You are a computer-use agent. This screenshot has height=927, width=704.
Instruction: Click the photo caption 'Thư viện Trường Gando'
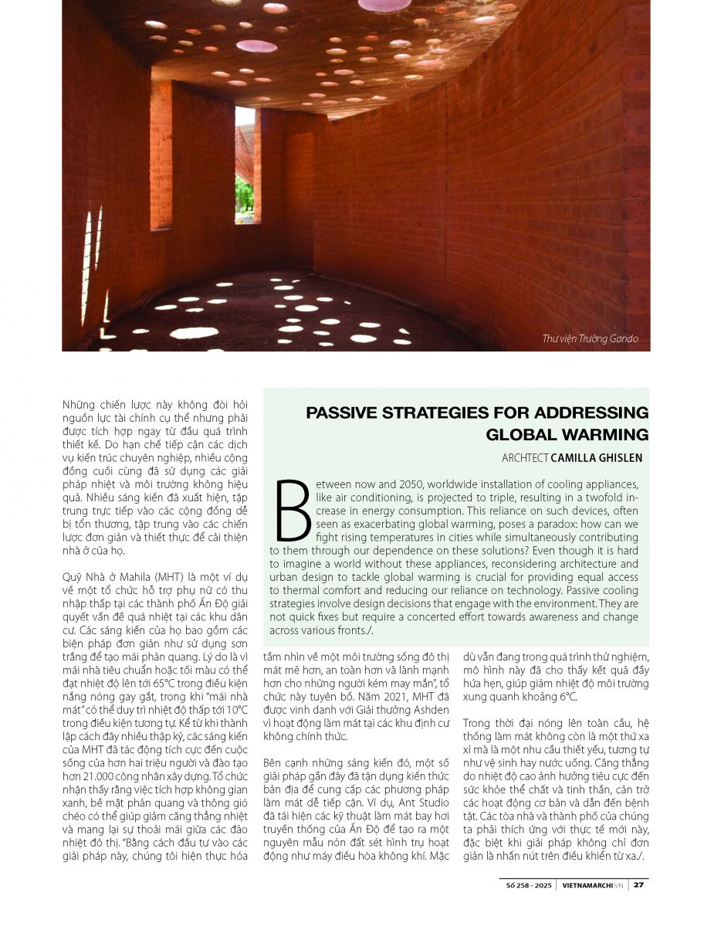pyautogui.click(x=591, y=338)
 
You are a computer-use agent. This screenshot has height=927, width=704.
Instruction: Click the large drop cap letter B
pyautogui.click(x=291, y=510)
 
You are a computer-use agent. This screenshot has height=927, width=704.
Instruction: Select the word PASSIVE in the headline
pyautogui.click(x=343, y=413)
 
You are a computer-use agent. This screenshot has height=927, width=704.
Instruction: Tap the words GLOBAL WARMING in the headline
pyautogui.click(x=567, y=434)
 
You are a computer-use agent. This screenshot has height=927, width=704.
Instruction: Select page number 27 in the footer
pyautogui.click(x=639, y=885)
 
